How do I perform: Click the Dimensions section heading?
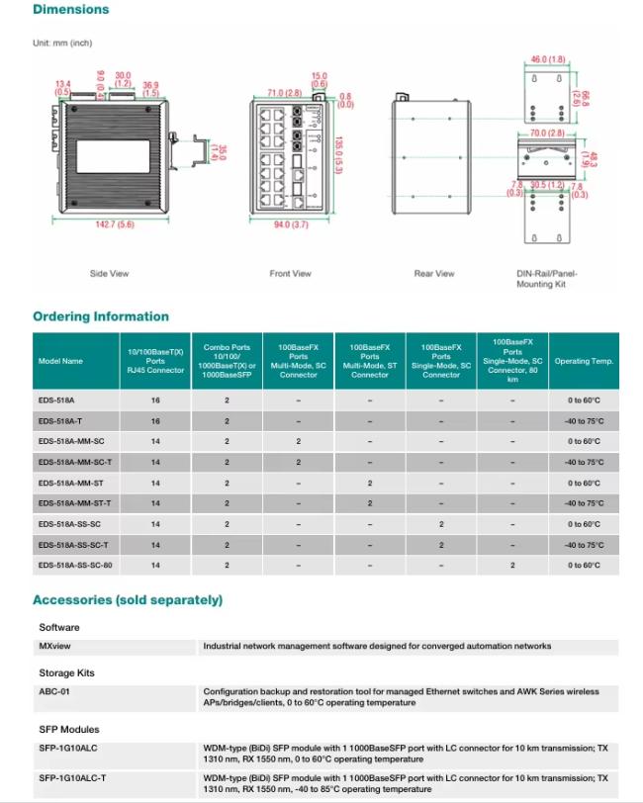coord(70,10)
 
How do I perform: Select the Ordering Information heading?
coord(101,316)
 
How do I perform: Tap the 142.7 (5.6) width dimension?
coord(115,225)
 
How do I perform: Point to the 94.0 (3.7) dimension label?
coord(290,225)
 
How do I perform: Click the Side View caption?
coord(109,274)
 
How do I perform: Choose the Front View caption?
coord(290,274)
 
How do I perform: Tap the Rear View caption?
coord(434,274)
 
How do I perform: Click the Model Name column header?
coord(60,361)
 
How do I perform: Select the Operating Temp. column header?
coord(584,361)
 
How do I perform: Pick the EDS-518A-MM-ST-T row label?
coord(75,503)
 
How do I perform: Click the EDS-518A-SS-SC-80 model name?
coord(75,566)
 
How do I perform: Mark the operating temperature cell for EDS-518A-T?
coord(584,420)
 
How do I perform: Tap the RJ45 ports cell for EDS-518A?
coord(155,400)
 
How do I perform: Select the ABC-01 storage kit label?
coord(54,692)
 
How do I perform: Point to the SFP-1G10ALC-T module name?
coord(72,778)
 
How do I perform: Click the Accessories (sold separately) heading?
coord(128,600)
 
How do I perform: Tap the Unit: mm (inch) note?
coord(62,43)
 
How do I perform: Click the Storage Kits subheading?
coord(66,672)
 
